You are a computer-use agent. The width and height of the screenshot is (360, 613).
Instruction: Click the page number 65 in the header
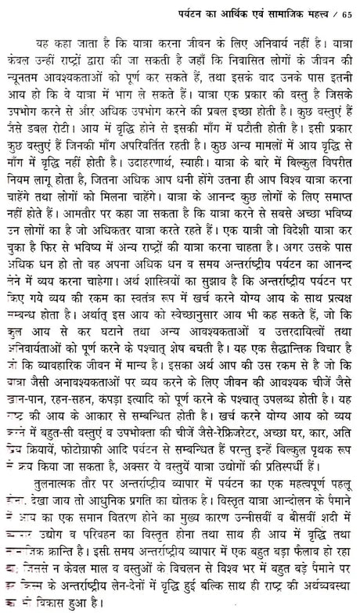pos(347,10)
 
